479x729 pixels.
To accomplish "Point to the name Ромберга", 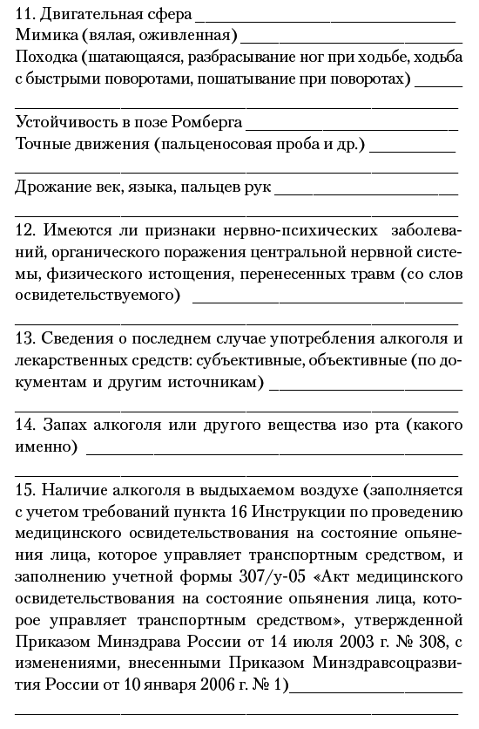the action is click(x=210, y=123).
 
